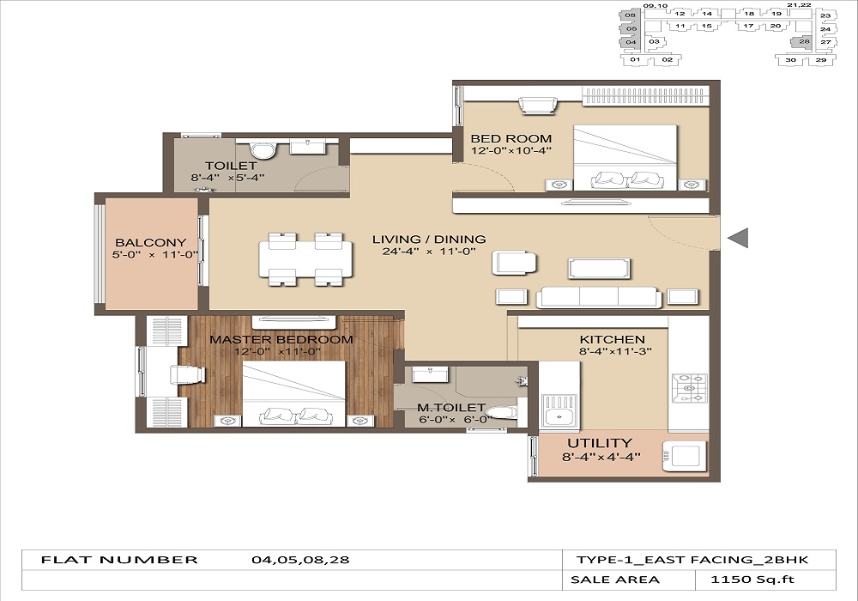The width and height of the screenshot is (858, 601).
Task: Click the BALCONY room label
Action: [x=150, y=242]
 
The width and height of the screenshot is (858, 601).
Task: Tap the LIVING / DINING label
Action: [x=429, y=240]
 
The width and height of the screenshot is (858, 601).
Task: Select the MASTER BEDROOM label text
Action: [x=281, y=339]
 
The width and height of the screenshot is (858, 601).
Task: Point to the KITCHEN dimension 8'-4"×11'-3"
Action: [x=615, y=351]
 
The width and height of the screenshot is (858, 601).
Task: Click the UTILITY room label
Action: [x=600, y=443]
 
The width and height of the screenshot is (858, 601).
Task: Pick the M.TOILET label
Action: [x=451, y=408]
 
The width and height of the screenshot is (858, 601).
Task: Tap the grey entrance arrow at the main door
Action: [x=738, y=238]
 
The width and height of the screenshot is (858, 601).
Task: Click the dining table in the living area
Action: [x=306, y=259]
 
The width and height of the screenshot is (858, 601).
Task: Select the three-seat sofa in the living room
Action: [x=599, y=297]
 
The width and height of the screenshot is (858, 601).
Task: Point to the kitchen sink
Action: [x=559, y=410]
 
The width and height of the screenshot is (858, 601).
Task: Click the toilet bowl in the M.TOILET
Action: [x=501, y=412]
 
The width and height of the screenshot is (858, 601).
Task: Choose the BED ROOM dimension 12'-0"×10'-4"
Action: [x=511, y=150]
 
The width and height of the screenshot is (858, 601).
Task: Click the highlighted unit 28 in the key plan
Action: [x=801, y=42]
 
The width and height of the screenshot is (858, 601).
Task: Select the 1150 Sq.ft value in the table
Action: [x=752, y=580]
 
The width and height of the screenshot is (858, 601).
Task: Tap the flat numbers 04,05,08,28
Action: [x=300, y=560]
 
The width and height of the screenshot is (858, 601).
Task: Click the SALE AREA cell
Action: [x=615, y=580]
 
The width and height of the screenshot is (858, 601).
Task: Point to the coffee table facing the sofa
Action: [x=599, y=269]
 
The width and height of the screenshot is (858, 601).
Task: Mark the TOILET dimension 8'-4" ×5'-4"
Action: [x=227, y=178]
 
